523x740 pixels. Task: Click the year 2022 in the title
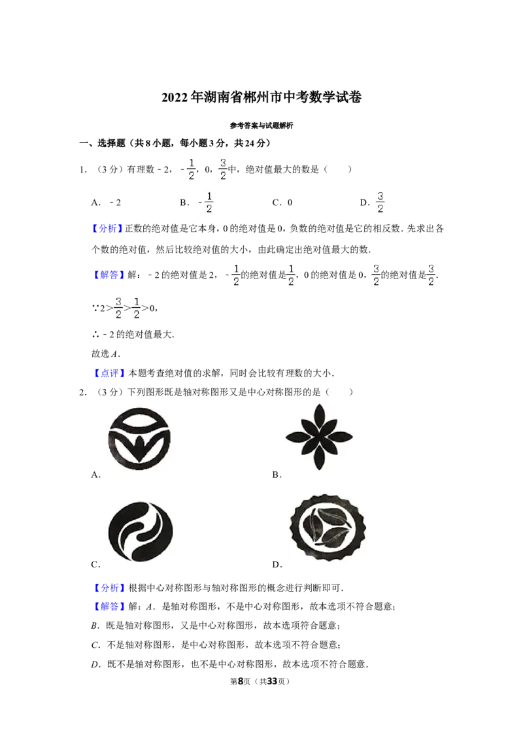(175, 97)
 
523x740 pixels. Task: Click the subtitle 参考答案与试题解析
(261, 126)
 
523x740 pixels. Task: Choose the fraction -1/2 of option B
(207, 203)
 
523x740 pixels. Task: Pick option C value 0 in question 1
(290, 203)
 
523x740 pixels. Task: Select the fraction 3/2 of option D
(380, 203)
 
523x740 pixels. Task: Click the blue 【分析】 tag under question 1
(107, 229)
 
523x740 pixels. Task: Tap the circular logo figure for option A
(139, 439)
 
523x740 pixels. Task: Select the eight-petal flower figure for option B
(319, 437)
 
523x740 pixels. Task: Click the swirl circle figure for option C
(140, 531)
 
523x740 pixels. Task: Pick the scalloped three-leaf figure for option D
(327, 528)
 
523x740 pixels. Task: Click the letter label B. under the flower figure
(277, 475)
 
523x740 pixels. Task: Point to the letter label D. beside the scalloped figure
(277, 564)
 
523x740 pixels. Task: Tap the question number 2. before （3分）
(82, 392)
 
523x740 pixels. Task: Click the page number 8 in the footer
(241, 681)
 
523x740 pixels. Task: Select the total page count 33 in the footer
(273, 681)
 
